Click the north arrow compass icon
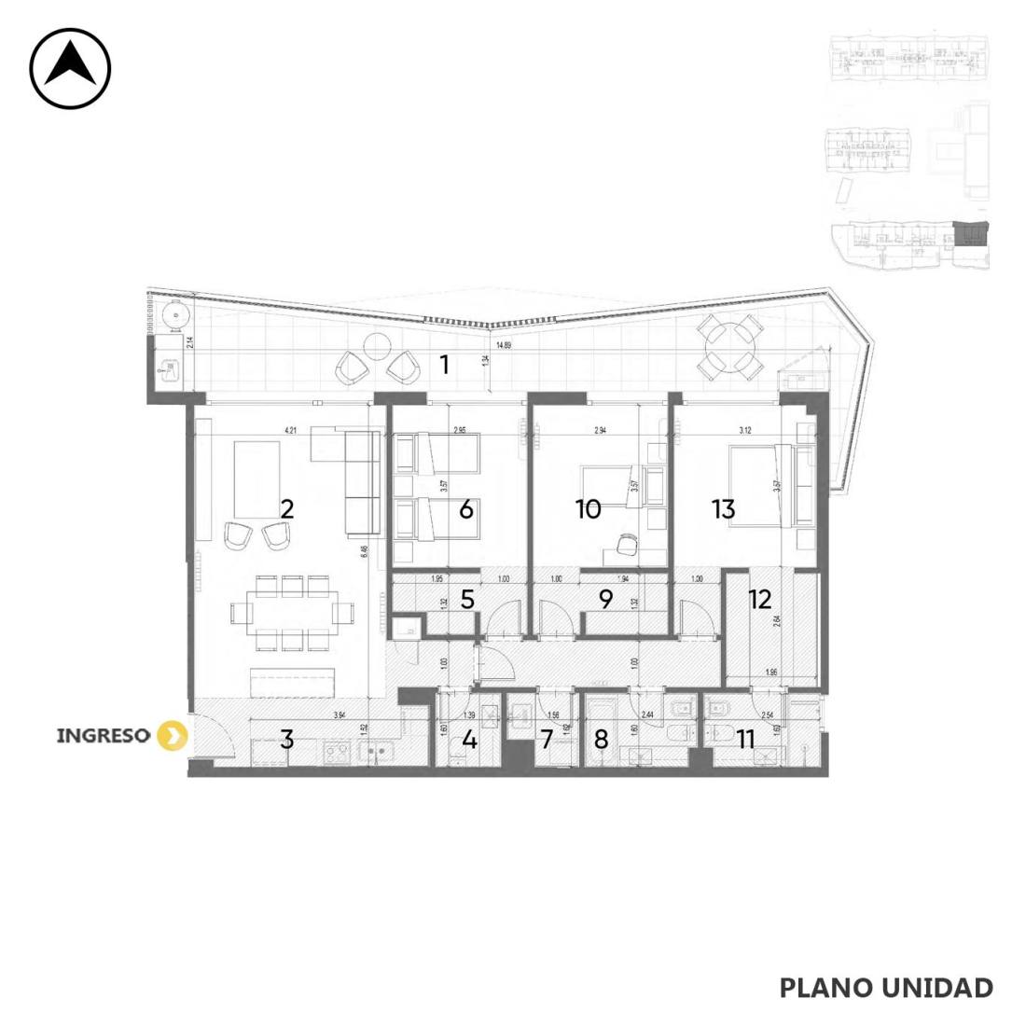[x=70, y=69]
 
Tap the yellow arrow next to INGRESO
[x=171, y=735]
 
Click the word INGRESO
[x=103, y=735]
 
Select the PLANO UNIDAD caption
[x=885, y=988]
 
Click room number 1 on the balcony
[x=445, y=364]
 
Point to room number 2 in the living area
[x=287, y=509]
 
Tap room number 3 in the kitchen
[x=287, y=740]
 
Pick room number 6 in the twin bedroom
[x=466, y=509]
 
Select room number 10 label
[x=588, y=509]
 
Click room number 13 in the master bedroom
[x=723, y=509]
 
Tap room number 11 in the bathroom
[x=745, y=740]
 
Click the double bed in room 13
[x=760, y=485]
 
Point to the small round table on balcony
[x=376, y=347]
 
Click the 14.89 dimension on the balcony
[x=504, y=345]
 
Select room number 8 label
[x=601, y=740]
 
